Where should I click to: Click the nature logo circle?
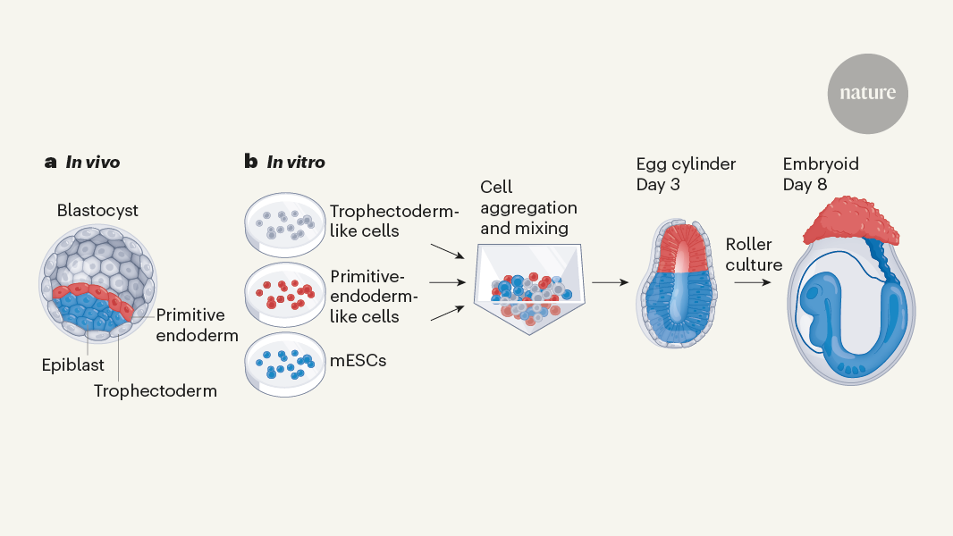click(867, 93)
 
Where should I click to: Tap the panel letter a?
click(50, 163)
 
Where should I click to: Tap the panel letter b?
click(250, 162)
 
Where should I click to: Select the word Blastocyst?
click(97, 212)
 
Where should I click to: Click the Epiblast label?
click(72, 365)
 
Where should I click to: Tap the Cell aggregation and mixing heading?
click(528, 207)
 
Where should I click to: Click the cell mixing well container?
click(527, 290)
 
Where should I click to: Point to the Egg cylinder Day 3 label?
click(686, 174)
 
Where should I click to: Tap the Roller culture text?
click(754, 255)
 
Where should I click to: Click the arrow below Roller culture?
click(753, 282)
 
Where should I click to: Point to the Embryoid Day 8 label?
click(821, 174)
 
